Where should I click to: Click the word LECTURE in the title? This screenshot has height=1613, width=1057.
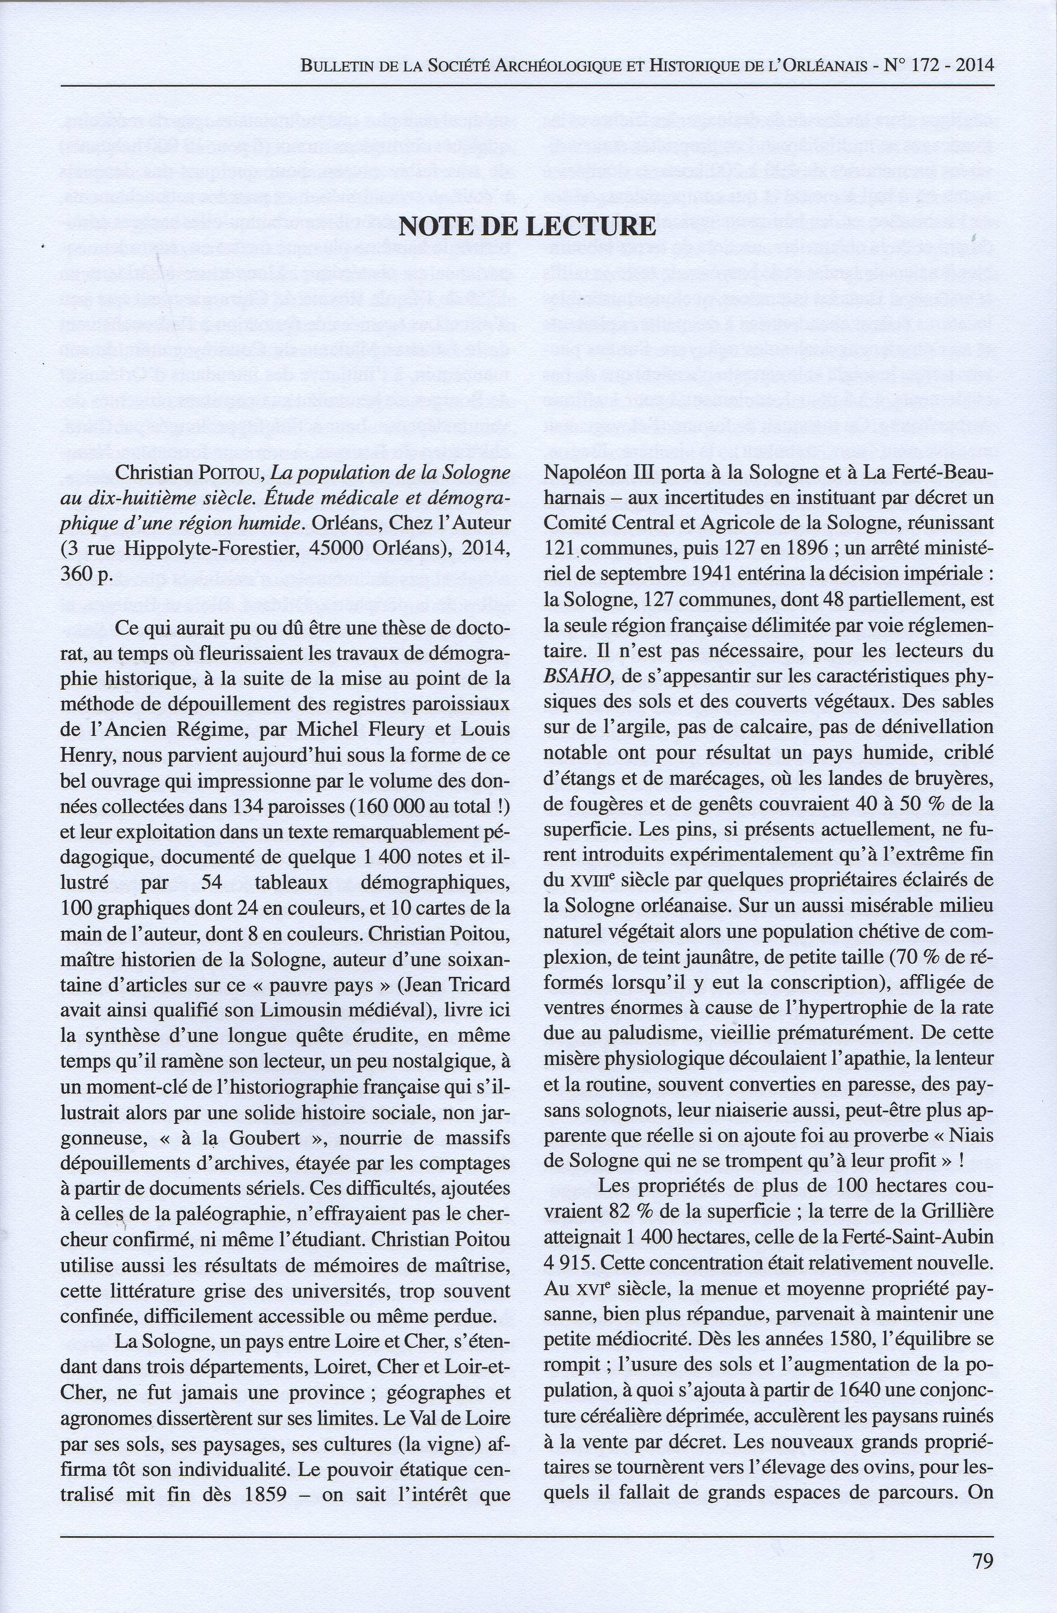(591, 226)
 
